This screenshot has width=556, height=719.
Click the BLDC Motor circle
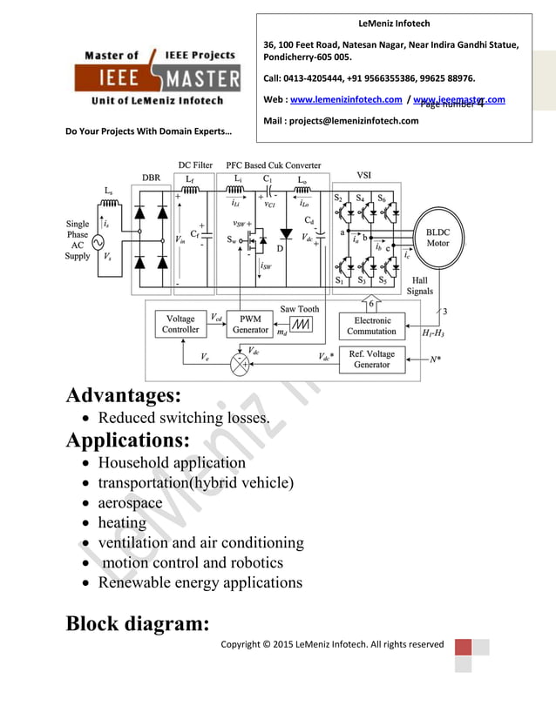coord(437,238)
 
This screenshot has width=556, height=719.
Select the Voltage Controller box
coord(180,325)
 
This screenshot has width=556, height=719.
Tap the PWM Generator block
coord(250,325)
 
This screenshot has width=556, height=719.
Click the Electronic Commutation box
coord(371,326)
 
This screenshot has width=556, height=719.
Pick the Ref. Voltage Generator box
coord(371,359)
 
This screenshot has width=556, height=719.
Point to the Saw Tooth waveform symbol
coord(301,325)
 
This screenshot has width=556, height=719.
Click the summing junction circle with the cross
coord(239,365)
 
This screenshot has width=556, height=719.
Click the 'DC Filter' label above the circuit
coord(195,165)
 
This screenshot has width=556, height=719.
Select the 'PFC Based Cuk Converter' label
coord(273,165)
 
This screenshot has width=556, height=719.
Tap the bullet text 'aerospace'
coord(130,503)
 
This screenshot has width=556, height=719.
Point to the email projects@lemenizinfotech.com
coord(341,120)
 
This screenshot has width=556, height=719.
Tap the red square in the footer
coord(463,648)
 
